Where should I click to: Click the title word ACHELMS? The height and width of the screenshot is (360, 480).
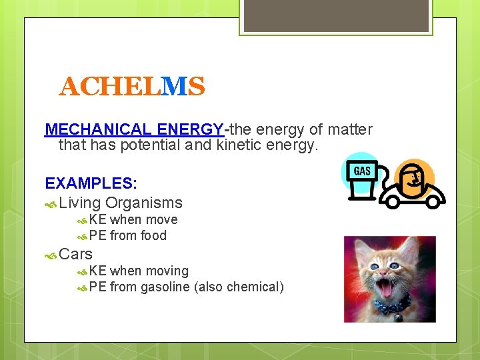(x=131, y=87)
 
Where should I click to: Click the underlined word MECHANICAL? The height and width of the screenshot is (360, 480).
(x=99, y=129)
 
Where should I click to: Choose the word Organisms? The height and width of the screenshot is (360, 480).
(x=143, y=203)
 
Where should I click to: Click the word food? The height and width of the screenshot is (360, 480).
(x=153, y=235)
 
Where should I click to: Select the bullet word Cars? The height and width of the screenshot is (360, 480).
(x=76, y=254)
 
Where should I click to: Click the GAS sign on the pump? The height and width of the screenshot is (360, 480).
(x=362, y=171)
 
